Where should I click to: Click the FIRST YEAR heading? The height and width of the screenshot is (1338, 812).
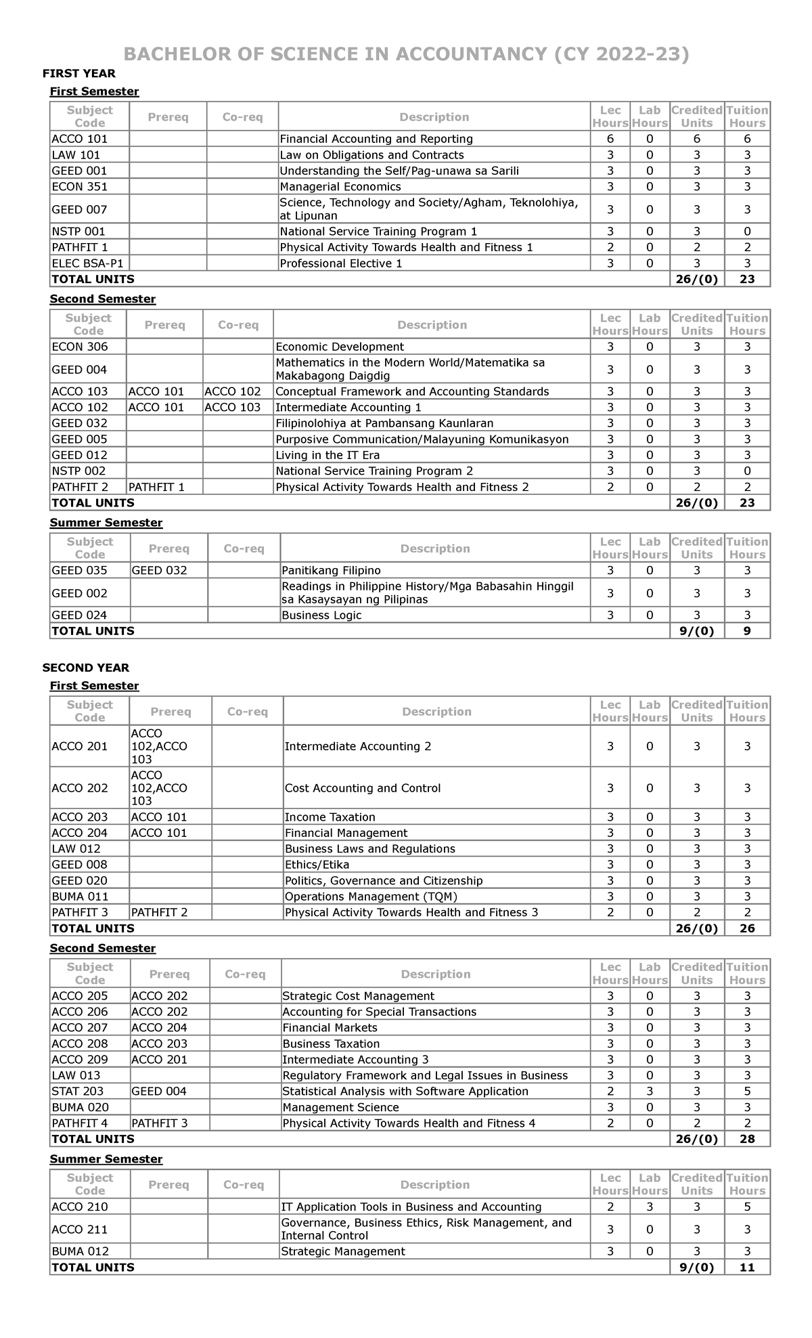[78, 73]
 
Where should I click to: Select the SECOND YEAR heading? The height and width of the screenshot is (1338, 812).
[85, 668]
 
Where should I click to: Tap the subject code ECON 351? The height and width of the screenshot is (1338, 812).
[79, 186]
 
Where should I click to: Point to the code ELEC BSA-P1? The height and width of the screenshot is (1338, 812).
[83, 263]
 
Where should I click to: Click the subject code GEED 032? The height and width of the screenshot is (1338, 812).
[79, 423]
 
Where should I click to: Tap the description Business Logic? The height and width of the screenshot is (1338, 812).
[321, 615]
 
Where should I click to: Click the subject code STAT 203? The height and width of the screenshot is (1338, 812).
[78, 1091]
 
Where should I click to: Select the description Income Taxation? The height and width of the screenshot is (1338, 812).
[330, 817]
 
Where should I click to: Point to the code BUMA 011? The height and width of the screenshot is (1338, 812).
[80, 897]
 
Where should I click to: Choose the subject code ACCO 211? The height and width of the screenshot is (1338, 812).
[79, 1229]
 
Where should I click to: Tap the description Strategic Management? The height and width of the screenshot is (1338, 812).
[343, 1251]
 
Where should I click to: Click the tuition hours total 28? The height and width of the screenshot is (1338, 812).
[747, 1139]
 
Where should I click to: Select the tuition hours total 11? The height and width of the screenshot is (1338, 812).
[747, 1268]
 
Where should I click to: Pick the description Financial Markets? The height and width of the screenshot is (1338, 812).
[330, 1027]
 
